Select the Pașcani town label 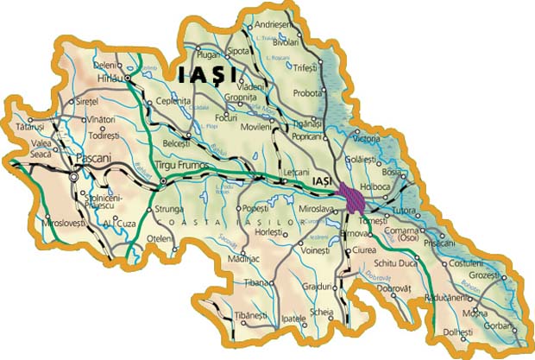[91, 159]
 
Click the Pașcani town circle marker [74, 177]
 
